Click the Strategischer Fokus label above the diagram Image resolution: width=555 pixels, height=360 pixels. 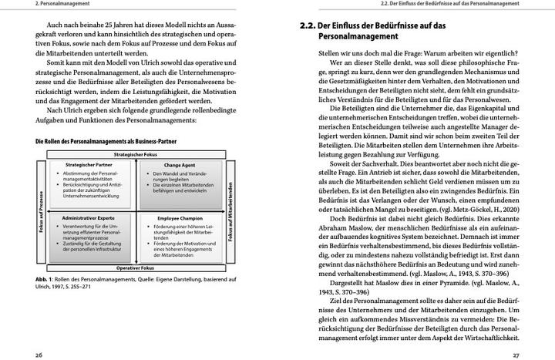[136, 154]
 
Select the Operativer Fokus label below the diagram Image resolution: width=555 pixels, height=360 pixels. [136, 267]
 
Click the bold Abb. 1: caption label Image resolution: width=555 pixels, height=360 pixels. [46, 279]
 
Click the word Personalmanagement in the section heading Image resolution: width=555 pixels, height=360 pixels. [353, 36]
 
